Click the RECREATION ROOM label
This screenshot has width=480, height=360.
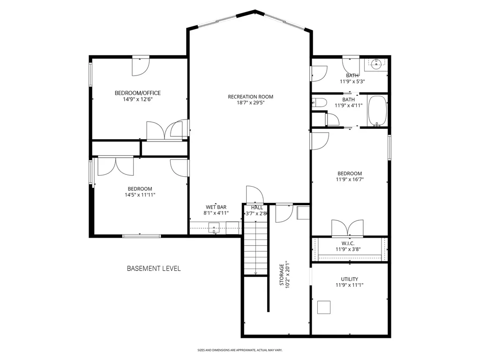pyautogui.click(x=250, y=97)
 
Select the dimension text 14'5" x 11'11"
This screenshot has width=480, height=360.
pyautogui.click(x=140, y=195)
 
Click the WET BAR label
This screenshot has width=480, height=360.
pyautogui.click(x=216, y=207)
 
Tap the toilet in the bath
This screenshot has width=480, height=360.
pyautogui.click(x=320, y=103)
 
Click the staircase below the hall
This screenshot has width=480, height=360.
pyautogui.click(x=255, y=249)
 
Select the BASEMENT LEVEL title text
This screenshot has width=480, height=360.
pyautogui.click(x=154, y=269)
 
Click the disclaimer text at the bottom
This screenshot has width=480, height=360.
pyautogui.click(x=240, y=350)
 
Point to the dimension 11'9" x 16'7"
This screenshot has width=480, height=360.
pyautogui.click(x=349, y=179)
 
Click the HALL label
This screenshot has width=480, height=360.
pyautogui.click(x=257, y=207)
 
